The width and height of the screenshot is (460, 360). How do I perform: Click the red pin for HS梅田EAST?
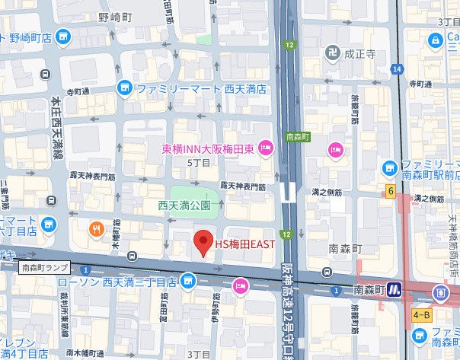(x=203, y=243)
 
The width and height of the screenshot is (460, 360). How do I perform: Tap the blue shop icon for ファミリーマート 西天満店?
(x=125, y=89)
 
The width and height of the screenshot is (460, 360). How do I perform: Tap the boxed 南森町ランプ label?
(x=45, y=267)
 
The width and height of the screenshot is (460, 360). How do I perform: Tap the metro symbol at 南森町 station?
(x=395, y=289)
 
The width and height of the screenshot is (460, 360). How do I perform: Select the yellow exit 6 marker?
(x=389, y=190)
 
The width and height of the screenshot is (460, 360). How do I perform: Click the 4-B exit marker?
(x=421, y=314)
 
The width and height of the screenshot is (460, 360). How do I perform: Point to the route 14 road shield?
(x=397, y=69)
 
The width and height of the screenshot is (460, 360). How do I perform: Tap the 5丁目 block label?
(x=197, y=162)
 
